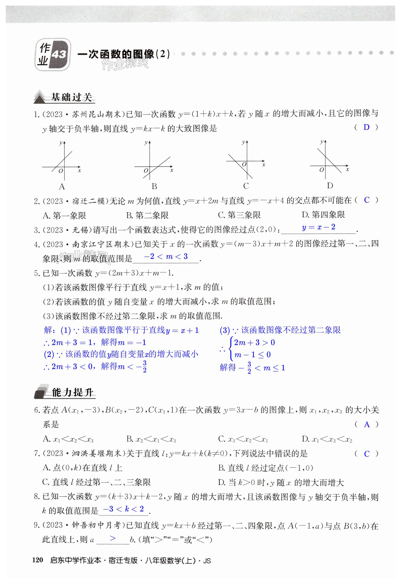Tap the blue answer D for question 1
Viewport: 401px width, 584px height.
click(x=367, y=127)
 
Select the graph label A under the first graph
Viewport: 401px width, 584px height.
click(x=62, y=187)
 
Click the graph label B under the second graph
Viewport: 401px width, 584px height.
click(x=154, y=187)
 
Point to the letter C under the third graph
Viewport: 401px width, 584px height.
click(x=246, y=186)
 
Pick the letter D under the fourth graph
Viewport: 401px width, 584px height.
click(x=330, y=186)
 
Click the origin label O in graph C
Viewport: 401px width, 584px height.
click(x=244, y=165)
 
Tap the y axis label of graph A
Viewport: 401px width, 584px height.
click(x=61, y=143)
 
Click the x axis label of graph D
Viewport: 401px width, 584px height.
click(x=347, y=170)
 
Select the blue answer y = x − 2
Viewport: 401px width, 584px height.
click(x=318, y=227)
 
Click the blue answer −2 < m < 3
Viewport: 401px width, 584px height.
click(x=166, y=256)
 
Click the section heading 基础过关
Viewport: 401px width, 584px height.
click(x=71, y=97)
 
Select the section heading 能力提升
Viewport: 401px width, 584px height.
click(x=72, y=392)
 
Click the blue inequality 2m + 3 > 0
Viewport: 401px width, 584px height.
click(x=254, y=342)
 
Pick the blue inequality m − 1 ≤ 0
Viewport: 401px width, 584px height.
click(x=253, y=355)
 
